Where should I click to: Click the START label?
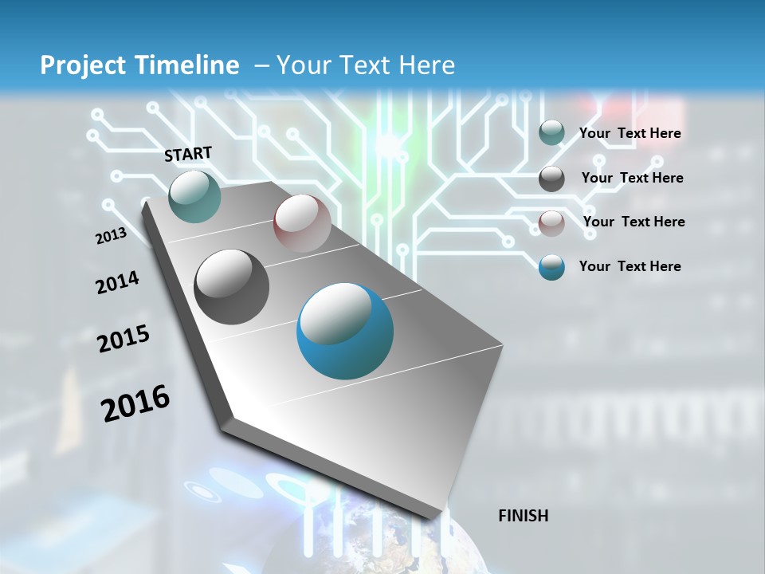[188, 154]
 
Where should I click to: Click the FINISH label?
[523, 516]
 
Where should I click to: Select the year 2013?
[111, 236]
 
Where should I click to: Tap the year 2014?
[117, 282]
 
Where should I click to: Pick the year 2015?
[124, 340]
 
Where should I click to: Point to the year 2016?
[135, 403]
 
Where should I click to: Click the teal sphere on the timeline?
[194, 196]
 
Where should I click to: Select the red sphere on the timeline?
[302, 223]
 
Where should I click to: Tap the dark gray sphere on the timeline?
[231, 286]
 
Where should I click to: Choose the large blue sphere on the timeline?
[345, 331]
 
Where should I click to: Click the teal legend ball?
[551, 133]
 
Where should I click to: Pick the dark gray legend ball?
[551, 179]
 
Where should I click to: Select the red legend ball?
[551, 222]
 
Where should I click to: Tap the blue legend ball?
[551, 267]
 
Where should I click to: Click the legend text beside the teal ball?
[630, 133]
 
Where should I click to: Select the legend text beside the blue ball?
[630, 266]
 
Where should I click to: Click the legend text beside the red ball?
[634, 222]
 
